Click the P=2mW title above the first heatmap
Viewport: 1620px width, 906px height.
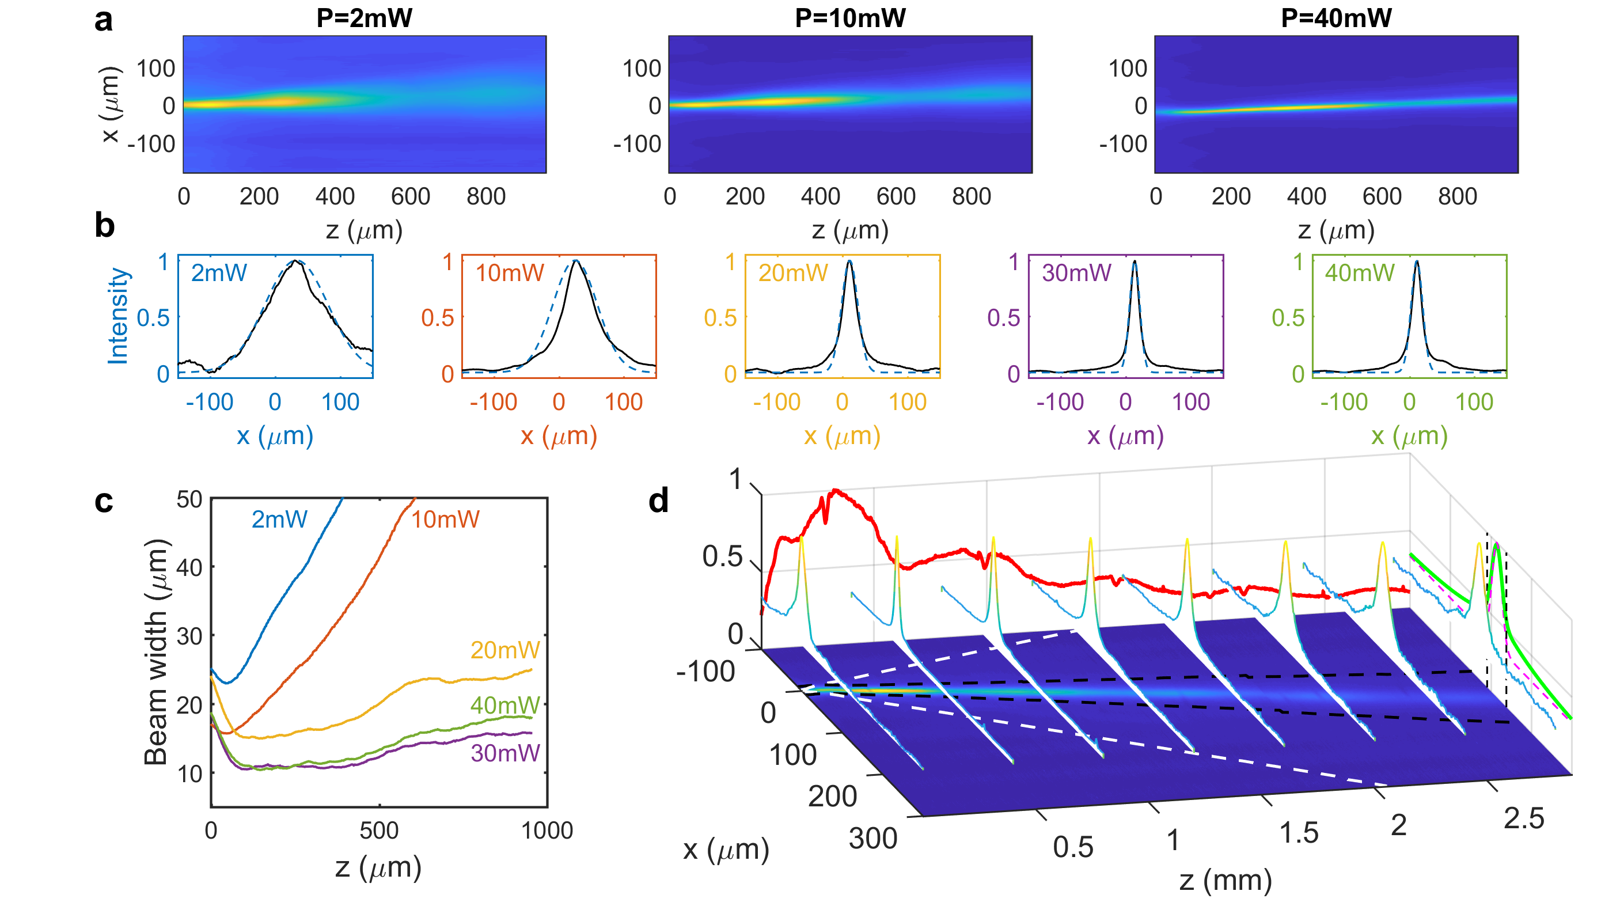[x=364, y=18]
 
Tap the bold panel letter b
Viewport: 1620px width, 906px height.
[x=104, y=225]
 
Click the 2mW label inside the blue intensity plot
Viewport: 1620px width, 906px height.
[x=219, y=273]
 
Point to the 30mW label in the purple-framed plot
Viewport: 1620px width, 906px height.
[x=1076, y=273]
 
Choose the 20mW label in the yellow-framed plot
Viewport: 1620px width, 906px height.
[x=792, y=273]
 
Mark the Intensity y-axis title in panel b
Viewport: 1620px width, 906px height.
[x=118, y=316]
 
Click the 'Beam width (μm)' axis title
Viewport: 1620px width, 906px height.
[x=156, y=652]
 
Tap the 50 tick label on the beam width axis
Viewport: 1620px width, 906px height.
[x=189, y=499]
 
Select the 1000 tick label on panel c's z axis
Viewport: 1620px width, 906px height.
[x=547, y=831]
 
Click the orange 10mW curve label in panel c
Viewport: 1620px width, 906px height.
[x=445, y=520]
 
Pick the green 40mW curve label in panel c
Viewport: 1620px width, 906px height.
[x=505, y=706]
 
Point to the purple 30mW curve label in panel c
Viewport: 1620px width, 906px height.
[x=505, y=753]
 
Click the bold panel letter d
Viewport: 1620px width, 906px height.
[x=658, y=501]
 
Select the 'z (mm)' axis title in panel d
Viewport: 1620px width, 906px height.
[x=1225, y=880]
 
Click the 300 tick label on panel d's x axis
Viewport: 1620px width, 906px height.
[x=873, y=839]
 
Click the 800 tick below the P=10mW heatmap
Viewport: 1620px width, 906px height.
[x=971, y=197]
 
